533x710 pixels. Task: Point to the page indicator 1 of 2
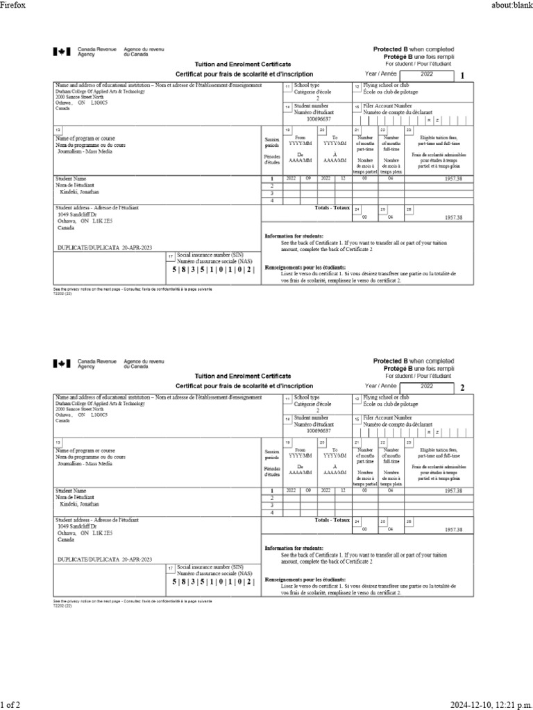coord(10,704)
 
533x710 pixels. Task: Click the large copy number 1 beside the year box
coord(463,76)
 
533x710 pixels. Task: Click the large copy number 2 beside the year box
coord(463,388)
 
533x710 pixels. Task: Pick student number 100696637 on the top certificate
coord(319,119)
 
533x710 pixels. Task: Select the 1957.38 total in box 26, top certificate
coord(452,217)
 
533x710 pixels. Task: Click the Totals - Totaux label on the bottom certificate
coord(332,519)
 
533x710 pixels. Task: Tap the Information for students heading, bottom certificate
coord(294,547)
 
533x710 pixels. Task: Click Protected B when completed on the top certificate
coord(414,50)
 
